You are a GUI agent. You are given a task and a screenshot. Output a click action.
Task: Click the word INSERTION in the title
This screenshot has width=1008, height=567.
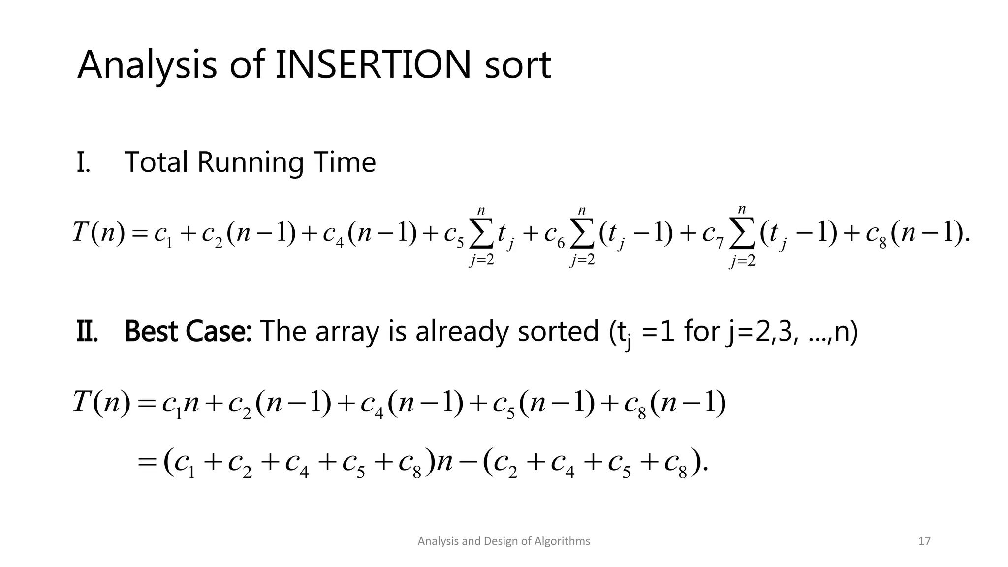pyautogui.click(x=372, y=65)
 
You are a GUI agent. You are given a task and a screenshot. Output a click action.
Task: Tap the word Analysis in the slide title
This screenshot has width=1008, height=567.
pyautogui.click(x=147, y=65)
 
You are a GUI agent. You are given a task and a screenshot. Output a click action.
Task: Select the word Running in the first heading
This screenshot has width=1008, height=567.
pyautogui.click(x=250, y=162)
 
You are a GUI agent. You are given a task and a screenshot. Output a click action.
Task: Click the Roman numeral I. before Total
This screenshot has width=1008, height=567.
pyautogui.click(x=83, y=162)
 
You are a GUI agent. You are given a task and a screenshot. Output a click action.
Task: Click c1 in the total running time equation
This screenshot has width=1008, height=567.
pyautogui.click(x=163, y=233)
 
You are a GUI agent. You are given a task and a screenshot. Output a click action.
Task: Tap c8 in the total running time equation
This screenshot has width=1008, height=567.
pyautogui.click(x=876, y=233)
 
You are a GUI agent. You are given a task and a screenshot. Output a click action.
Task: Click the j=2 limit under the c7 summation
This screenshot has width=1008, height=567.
pyautogui.click(x=742, y=261)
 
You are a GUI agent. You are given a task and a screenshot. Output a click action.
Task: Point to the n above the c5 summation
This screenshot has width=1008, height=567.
pyautogui.click(x=481, y=210)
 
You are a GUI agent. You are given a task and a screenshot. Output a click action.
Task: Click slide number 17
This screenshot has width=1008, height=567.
pyautogui.click(x=924, y=541)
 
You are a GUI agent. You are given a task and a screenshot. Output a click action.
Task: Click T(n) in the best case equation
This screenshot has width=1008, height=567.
pyautogui.click(x=101, y=403)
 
